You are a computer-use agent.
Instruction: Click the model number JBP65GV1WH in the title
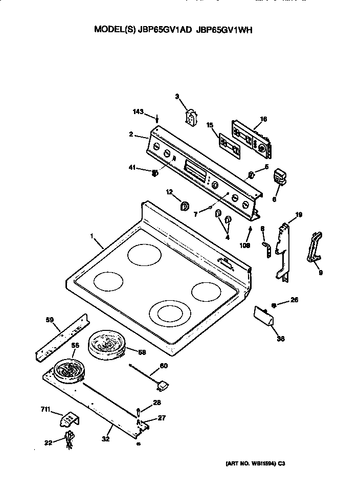(224, 30)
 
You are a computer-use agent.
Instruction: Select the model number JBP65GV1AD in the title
(165, 30)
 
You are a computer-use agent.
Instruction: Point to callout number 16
(263, 119)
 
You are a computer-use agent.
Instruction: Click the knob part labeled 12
(185, 206)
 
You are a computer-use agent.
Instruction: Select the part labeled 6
(280, 177)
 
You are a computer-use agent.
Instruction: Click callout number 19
(299, 215)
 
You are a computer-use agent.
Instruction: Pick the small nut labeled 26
(274, 305)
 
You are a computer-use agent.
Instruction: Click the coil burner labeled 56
(68, 369)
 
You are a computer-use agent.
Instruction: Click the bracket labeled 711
(69, 420)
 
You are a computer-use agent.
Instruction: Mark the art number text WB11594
(259, 463)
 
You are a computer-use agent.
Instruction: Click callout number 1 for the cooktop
(92, 236)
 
